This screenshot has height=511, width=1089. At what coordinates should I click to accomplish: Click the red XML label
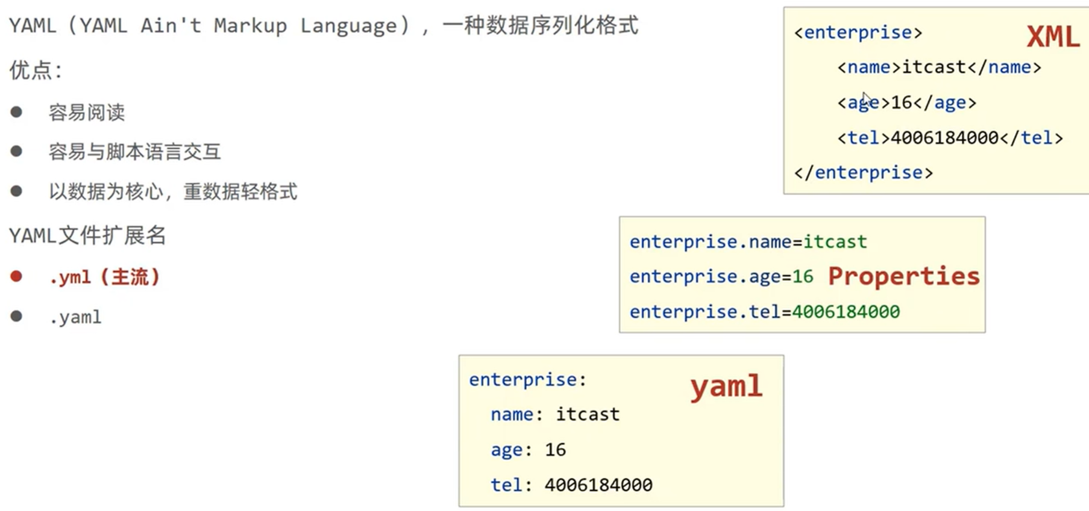[1052, 37]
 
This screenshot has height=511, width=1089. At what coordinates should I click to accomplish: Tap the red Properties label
[903, 276]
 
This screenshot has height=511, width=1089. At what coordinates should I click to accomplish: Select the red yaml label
[726, 386]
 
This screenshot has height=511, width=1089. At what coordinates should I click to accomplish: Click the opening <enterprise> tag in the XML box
[858, 33]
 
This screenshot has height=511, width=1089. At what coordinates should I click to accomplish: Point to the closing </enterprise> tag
[863, 173]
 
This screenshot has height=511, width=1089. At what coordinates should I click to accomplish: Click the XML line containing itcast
[939, 67]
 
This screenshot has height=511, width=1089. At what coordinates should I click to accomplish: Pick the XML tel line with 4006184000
[950, 138]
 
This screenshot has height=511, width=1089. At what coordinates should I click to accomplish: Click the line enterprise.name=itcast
[748, 242]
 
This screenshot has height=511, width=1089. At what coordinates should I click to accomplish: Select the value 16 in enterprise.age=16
[803, 277]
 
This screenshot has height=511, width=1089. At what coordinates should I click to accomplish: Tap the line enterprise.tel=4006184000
[764, 312]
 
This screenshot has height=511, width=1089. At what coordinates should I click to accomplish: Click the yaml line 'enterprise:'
[527, 380]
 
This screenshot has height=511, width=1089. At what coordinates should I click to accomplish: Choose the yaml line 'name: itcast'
[554, 415]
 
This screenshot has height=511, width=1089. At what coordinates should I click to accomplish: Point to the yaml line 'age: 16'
[528, 450]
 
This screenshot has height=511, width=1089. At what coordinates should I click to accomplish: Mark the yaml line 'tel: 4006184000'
[571, 485]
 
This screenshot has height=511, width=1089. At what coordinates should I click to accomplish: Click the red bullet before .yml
[16, 277]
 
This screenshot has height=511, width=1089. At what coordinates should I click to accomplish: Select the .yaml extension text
[75, 317]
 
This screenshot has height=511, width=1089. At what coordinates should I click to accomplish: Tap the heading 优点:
[36, 71]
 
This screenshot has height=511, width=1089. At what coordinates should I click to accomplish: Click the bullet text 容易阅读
[87, 113]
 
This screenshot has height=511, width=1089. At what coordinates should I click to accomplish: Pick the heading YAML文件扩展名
[87, 235]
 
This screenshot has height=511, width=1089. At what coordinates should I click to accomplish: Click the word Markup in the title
[250, 26]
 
